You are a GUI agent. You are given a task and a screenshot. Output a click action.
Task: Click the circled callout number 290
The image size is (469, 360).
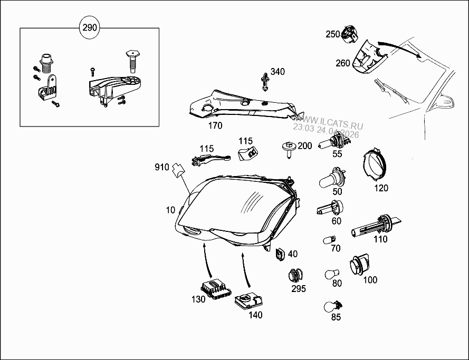(90, 28)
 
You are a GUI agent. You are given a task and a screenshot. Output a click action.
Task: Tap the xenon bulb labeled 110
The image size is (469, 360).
(376, 227)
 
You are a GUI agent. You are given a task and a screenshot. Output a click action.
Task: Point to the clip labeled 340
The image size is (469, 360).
(265, 81)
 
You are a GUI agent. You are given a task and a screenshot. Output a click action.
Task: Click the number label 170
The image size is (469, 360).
(215, 125)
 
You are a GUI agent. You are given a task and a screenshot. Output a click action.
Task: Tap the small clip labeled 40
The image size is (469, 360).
(280, 255)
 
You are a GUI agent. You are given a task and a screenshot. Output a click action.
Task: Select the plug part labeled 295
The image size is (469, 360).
(296, 275)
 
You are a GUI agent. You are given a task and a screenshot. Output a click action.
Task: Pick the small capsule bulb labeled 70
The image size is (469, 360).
(329, 240)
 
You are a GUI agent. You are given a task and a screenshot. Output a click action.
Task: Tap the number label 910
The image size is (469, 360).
(161, 168)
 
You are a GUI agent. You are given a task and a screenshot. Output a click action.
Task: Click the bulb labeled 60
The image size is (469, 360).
(331, 209)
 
